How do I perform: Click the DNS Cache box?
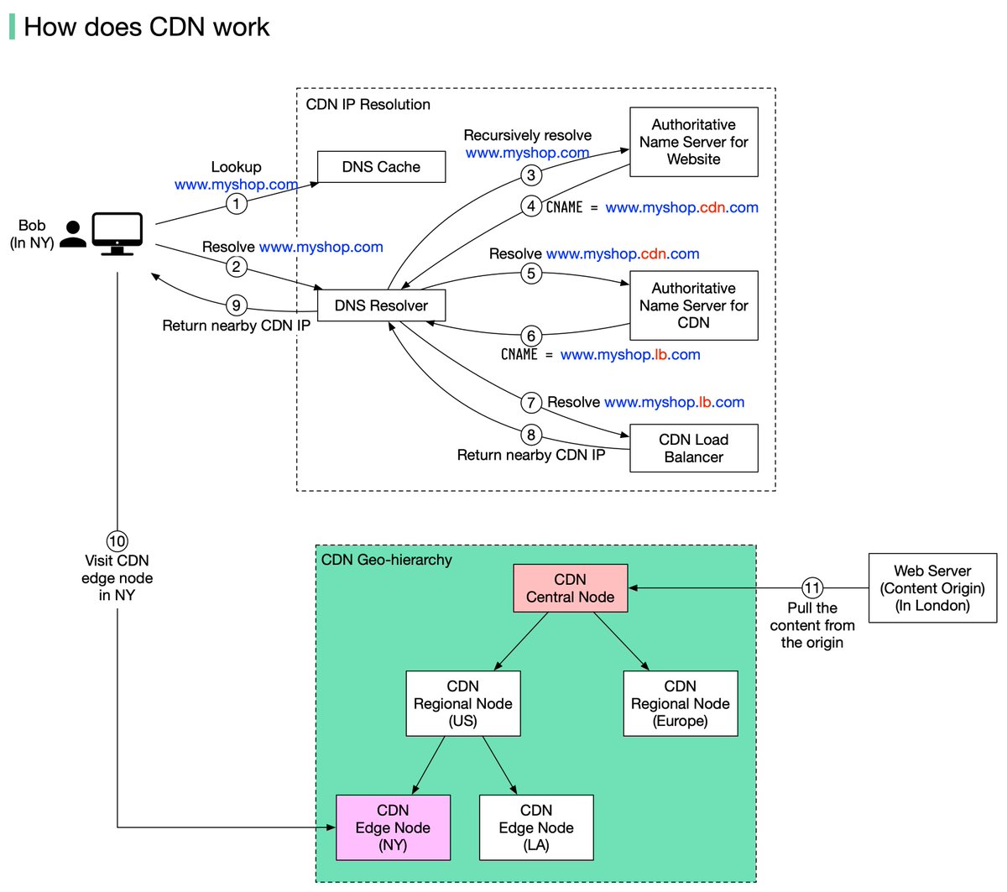(x=381, y=167)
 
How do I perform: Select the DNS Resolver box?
(x=381, y=305)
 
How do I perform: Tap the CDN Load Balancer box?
(x=693, y=448)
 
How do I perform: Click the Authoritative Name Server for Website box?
(x=693, y=142)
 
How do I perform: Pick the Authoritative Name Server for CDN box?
(x=693, y=305)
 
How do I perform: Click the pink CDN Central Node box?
(x=570, y=588)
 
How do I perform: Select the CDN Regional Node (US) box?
(x=462, y=703)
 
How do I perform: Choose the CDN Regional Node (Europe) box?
(x=680, y=703)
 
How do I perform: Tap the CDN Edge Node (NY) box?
(x=393, y=827)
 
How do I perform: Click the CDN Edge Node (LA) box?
(x=535, y=827)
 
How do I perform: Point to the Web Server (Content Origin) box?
(x=932, y=588)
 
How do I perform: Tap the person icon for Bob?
(x=73, y=234)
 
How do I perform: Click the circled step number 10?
(x=117, y=541)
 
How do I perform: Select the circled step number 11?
(x=811, y=588)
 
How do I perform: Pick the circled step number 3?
(x=530, y=175)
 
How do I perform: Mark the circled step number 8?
(x=530, y=435)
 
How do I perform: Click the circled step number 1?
(x=236, y=203)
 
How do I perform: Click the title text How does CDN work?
(x=146, y=27)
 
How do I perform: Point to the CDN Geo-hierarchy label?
(x=386, y=560)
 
